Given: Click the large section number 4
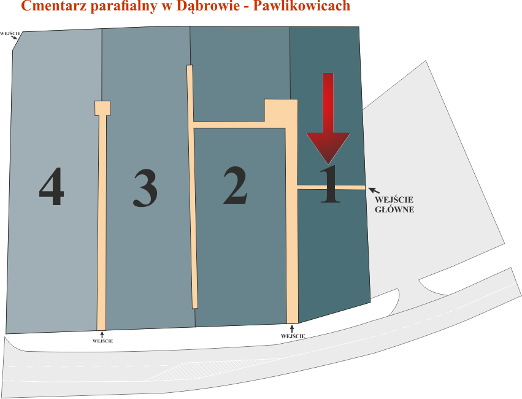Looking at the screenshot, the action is point(52,186).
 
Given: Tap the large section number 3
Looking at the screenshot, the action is point(145,188).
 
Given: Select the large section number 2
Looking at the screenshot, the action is point(236,185).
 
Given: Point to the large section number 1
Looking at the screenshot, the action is point(330,184).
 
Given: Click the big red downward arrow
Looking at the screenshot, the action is point(328,118).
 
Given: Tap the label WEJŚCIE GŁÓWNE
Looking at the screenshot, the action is point(394,204).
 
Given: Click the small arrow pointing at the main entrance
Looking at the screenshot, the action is point(374,191).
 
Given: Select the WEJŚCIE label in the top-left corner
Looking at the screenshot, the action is point(10,33).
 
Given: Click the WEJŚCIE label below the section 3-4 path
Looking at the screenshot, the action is point(102,341).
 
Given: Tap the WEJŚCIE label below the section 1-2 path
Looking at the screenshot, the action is point(293,336).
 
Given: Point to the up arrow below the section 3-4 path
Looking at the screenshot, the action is point(102,335).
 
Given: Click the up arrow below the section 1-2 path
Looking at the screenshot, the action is point(293,329).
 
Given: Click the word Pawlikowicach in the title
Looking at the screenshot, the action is point(302,6).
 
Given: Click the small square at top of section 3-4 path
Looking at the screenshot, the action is point(102,108).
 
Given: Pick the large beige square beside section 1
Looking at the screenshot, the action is point(281,112).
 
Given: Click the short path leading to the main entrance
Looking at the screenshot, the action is point(331,187).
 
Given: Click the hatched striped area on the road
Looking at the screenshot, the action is point(206,370).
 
